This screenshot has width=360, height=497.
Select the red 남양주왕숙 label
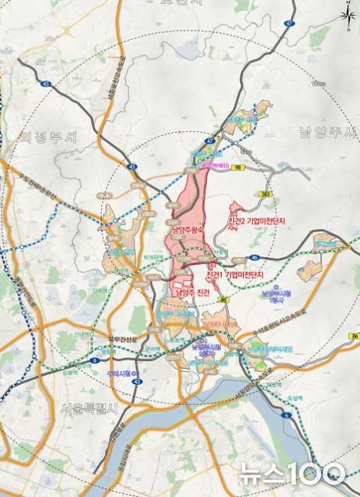point(187,231)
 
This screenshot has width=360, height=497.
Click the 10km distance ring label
point(316,84)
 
